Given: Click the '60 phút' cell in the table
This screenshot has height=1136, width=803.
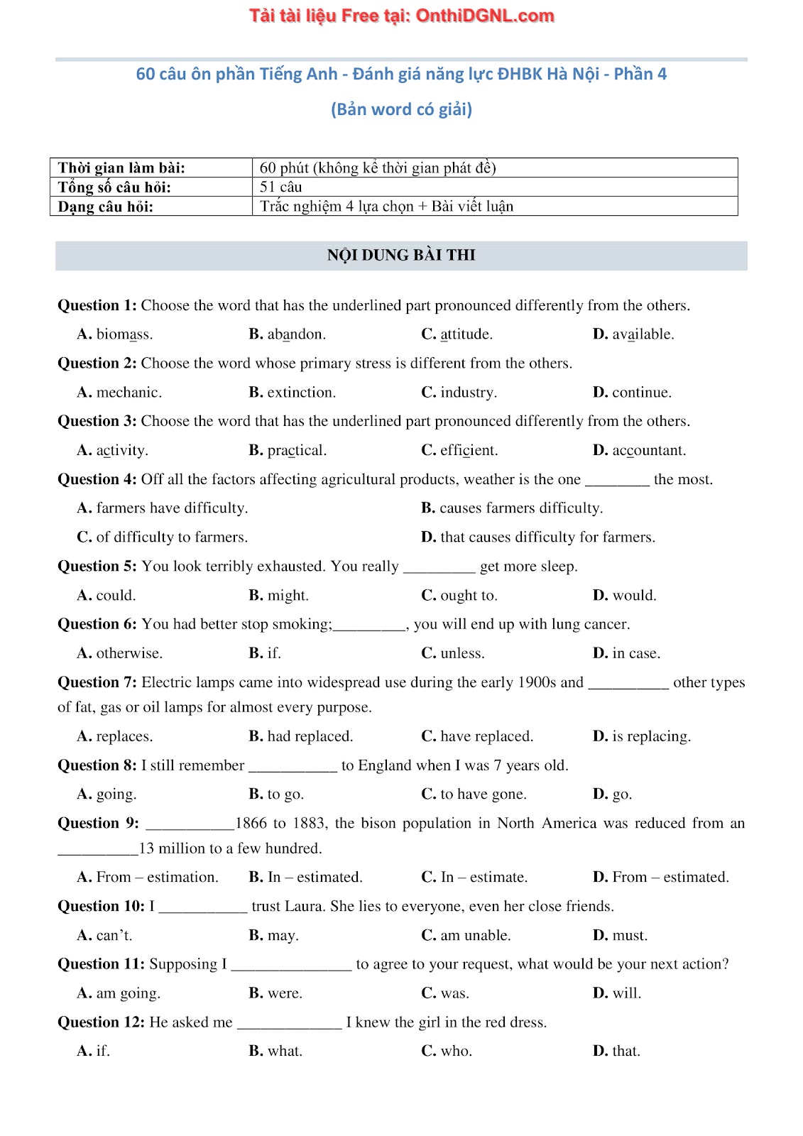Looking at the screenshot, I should click(378, 168).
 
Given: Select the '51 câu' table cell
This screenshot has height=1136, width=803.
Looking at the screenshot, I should click(281, 187).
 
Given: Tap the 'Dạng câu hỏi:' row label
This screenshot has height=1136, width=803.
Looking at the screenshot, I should click(106, 207).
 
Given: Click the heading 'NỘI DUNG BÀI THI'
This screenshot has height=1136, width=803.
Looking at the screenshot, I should click(401, 255).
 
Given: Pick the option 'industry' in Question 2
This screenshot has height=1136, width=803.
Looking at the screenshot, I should click(468, 393).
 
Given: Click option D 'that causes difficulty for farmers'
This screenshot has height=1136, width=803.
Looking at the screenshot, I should click(547, 537).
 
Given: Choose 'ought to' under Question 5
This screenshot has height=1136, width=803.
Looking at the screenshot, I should click(469, 596).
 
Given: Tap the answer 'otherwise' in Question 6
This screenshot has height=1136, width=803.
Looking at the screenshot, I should click(129, 653).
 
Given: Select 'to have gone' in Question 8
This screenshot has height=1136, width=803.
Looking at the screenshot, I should click(483, 794).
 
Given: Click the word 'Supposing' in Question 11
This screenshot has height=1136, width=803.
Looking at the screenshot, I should click(183, 964).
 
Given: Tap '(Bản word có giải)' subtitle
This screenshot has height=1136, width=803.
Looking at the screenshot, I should click(401, 109).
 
